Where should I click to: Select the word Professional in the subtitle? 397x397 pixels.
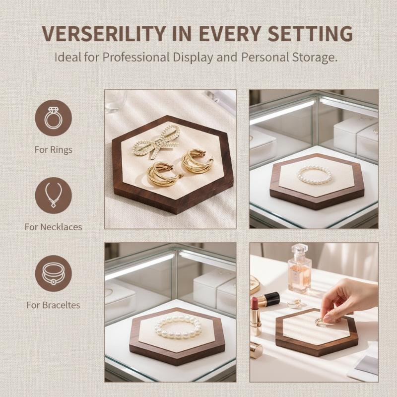(x=136, y=57)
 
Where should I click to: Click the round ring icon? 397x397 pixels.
(x=54, y=118)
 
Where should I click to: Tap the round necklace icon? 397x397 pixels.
(x=54, y=195)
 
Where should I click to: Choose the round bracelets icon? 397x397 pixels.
(x=54, y=273)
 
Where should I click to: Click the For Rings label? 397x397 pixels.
(x=54, y=150)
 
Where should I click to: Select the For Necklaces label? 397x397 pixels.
(x=54, y=227)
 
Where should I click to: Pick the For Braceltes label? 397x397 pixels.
(x=53, y=305)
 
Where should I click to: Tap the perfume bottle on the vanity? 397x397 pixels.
(x=300, y=269)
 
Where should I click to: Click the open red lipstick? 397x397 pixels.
(x=255, y=317)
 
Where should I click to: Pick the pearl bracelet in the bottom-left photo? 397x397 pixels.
(x=178, y=328)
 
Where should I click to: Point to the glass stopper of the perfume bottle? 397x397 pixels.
(x=299, y=249)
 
